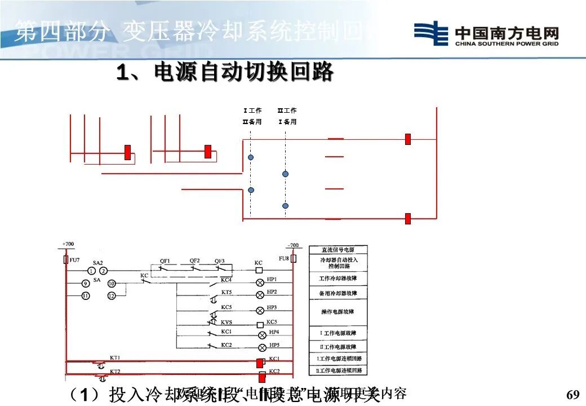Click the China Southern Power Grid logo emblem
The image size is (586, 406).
431,33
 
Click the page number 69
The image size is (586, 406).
572,394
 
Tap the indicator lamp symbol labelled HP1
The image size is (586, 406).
260,282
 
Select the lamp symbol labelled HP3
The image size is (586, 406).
260,310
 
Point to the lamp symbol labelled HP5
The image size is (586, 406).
261,347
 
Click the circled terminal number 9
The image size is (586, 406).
85,284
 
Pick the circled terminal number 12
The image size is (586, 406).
111,295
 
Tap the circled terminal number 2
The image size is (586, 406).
104,271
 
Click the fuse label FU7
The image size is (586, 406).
75,260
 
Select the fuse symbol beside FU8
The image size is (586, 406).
293,259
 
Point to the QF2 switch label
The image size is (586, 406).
194,261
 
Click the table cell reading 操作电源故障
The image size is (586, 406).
338,312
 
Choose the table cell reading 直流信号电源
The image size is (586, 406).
338,250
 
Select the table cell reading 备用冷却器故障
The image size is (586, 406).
338,293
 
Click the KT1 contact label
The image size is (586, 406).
115,358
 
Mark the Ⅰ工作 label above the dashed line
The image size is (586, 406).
252,111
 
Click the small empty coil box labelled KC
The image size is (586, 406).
259,271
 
